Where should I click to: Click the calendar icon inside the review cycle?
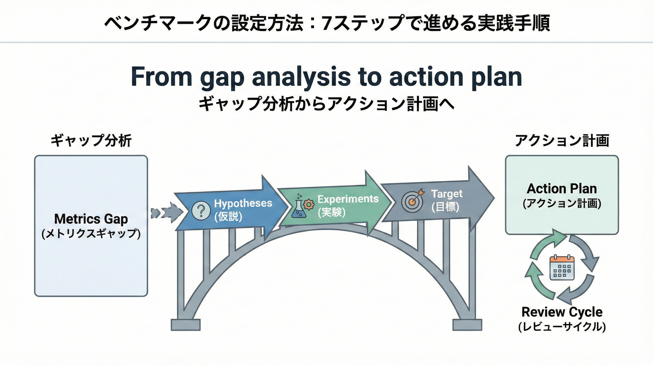click(x=562, y=268)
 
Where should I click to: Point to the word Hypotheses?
click(x=243, y=203)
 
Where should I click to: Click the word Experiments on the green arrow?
click(x=348, y=199)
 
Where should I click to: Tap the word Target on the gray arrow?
click(x=447, y=194)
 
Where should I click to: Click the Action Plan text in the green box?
click(x=561, y=189)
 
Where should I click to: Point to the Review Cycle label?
click(x=562, y=312)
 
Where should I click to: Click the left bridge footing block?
click(x=186, y=325)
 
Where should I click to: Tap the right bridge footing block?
click(x=467, y=325)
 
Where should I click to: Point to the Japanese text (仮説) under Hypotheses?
click(x=228, y=216)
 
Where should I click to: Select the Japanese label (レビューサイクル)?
click(x=562, y=327)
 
